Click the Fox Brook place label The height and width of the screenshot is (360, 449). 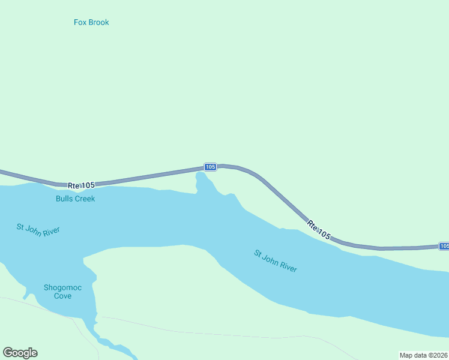(91, 22)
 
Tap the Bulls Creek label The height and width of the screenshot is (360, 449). (75, 199)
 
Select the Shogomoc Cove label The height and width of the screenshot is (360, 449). (62, 292)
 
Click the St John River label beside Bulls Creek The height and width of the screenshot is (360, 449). (38, 230)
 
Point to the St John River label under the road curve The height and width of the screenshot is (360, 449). (276, 262)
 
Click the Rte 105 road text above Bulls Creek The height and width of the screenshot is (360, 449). (81, 185)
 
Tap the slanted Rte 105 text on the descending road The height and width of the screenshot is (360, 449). (318, 232)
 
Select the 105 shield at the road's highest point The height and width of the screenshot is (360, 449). (210, 167)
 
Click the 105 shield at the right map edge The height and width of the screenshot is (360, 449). (444, 246)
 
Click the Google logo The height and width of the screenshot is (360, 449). (20, 353)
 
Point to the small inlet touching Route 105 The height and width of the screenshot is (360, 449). (202, 181)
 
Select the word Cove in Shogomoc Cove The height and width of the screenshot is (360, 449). (62, 296)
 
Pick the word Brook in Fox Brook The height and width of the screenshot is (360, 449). (98, 22)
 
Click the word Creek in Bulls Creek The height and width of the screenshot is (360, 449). (85, 199)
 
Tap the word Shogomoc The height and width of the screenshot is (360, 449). (62, 287)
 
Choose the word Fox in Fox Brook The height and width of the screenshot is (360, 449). (80, 22)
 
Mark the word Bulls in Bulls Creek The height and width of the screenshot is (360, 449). (64, 199)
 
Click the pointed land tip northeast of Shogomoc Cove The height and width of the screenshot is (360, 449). (84, 259)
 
